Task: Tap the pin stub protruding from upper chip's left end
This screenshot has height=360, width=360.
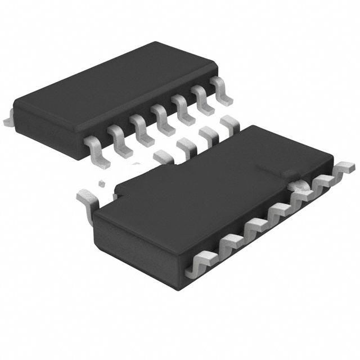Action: click(x=7, y=120)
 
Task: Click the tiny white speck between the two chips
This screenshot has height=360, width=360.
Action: click(x=102, y=183)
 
